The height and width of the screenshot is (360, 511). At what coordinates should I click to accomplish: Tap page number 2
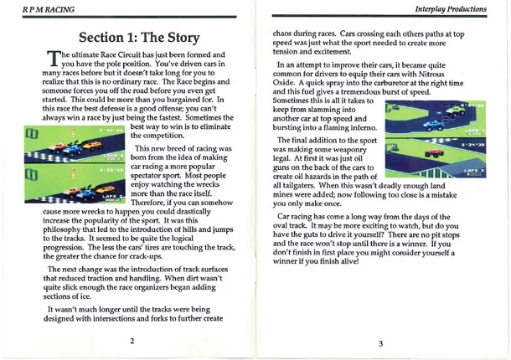(132, 342)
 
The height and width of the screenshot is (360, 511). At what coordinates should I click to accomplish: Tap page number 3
(379, 342)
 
